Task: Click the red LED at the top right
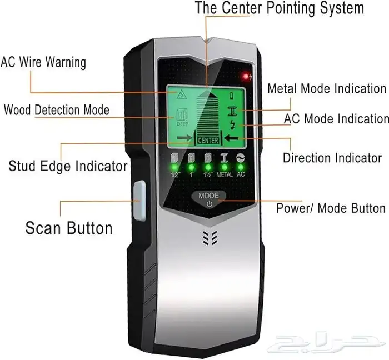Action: tap(246, 76)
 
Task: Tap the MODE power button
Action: tap(209, 199)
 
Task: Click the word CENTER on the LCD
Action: tap(208, 141)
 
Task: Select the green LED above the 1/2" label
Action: tap(174, 167)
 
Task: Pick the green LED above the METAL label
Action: tap(225, 167)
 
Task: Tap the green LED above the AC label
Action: tap(241, 167)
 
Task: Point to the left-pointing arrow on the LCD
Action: tap(231, 138)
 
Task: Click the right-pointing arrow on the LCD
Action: tap(185, 138)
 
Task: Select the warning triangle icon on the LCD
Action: tap(182, 94)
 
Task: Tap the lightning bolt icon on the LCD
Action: tap(233, 124)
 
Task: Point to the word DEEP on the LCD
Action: tap(182, 124)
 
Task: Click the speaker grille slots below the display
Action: tap(210, 238)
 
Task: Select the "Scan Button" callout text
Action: tap(69, 228)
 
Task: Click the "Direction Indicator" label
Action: tap(332, 158)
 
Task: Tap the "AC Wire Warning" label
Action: tap(43, 62)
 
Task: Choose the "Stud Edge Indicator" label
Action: tap(68, 166)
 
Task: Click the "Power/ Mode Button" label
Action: tap(331, 208)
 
